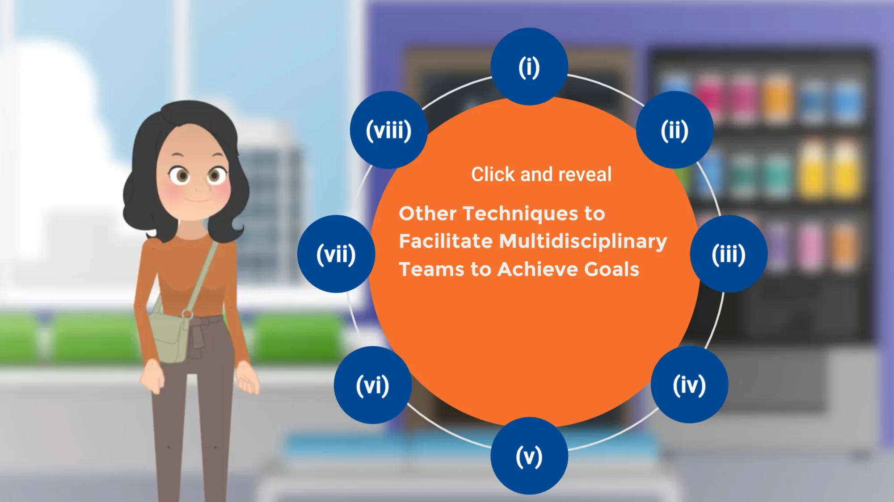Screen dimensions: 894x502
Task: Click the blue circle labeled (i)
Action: (529, 67)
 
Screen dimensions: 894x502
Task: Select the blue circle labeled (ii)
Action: (675, 130)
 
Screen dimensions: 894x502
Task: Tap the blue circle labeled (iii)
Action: (729, 254)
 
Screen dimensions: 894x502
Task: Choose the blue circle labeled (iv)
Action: (689, 385)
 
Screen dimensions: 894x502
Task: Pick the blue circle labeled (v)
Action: (529, 456)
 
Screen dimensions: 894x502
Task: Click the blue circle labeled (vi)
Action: (373, 385)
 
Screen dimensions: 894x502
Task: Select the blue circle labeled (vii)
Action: (336, 254)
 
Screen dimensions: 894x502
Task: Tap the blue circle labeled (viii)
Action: (388, 130)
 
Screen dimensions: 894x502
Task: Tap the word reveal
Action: (585, 174)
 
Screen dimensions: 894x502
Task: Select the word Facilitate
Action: (446, 241)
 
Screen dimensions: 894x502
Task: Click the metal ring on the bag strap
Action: (187, 314)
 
